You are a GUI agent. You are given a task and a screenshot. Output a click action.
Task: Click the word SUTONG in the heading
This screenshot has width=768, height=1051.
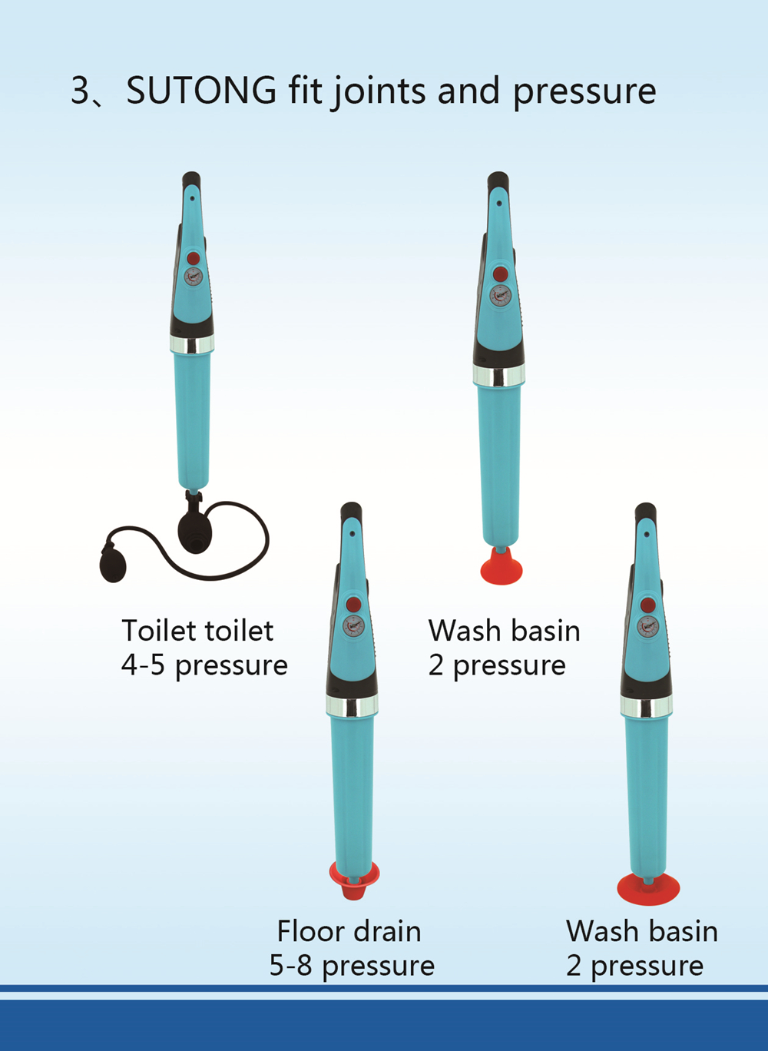point(201,91)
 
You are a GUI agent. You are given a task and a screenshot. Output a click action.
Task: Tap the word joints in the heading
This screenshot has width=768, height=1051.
point(379,91)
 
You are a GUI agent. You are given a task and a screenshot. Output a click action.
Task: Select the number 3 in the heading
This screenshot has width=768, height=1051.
point(80,91)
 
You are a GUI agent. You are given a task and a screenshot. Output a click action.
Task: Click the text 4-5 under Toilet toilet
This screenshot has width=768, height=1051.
point(143,665)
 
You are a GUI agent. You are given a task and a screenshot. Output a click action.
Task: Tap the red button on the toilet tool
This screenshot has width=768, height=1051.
point(194,257)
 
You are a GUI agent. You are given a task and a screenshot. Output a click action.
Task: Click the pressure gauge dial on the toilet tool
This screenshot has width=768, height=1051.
point(194,277)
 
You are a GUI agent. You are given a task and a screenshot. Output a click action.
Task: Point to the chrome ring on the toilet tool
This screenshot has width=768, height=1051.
point(192,344)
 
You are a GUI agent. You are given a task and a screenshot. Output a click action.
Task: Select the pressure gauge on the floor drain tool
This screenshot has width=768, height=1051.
point(353,624)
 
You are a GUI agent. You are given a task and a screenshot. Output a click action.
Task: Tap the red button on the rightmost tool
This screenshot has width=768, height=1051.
point(648,605)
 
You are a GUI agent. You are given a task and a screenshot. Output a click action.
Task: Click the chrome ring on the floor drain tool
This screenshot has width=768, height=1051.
point(352,706)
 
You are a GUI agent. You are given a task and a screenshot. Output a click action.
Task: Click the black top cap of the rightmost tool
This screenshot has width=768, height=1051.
point(645,514)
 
